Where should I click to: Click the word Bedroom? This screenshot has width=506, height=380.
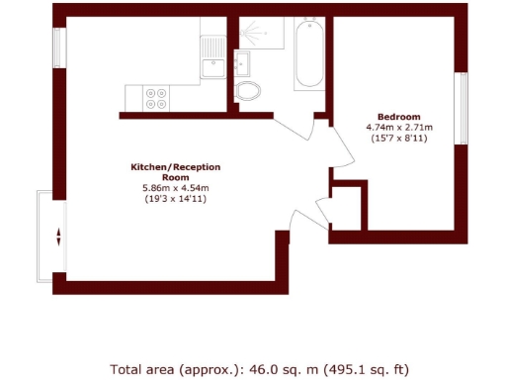click(399, 116)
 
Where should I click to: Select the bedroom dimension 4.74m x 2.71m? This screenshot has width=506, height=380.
click(399, 128)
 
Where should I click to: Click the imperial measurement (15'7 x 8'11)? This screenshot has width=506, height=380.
click(399, 140)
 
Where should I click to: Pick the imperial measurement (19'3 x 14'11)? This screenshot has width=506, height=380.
click(175, 200)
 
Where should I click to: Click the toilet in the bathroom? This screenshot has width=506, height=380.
click(249, 92)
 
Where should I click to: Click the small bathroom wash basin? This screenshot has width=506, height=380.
click(242, 62)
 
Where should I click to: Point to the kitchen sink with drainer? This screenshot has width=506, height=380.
click(211, 57)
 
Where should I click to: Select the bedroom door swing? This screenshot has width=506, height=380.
click(341, 148)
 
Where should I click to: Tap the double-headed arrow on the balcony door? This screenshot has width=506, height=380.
click(58, 237)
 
